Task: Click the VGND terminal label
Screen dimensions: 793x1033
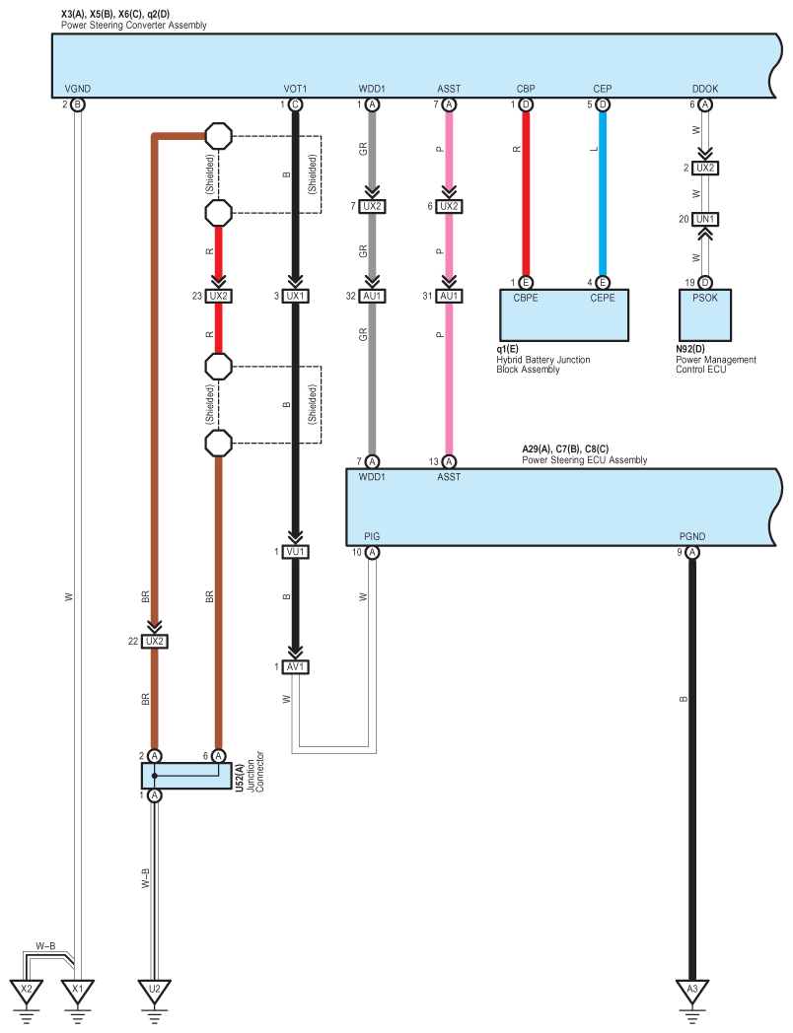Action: (78, 89)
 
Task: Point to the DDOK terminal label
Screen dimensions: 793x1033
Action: (705, 89)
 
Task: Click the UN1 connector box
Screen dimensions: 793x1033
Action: (705, 219)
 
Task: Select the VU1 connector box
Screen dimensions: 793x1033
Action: (295, 552)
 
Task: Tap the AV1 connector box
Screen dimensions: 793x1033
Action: (295, 667)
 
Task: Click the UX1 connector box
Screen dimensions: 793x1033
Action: (295, 297)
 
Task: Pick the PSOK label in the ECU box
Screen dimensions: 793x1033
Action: (705, 299)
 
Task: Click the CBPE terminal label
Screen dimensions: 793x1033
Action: (526, 299)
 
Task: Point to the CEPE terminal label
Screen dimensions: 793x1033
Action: (603, 299)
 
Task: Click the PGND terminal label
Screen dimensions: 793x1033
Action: (692, 537)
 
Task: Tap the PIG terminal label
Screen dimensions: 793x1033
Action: (372, 537)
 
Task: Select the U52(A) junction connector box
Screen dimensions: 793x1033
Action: (186, 776)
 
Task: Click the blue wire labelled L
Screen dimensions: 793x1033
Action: (603, 193)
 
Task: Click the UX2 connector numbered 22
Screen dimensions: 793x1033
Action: (154, 642)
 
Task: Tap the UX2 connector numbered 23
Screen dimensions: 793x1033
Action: (218, 297)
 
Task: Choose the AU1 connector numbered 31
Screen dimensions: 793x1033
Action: (449, 297)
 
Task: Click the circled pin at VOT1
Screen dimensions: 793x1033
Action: (295, 104)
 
